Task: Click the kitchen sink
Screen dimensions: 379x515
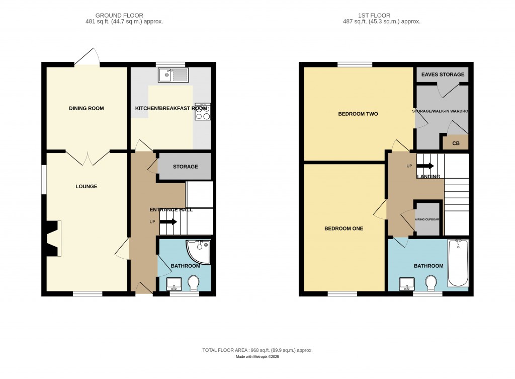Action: pyautogui.click(x=173, y=75)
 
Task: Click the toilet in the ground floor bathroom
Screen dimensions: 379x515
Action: pyautogui.click(x=193, y=283)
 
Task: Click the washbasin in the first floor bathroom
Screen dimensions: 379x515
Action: pyautogui.click(x=406, y=284)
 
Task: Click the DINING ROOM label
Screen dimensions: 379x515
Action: pyautogui.click(x=87, y=108)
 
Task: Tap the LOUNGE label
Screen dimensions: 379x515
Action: pyautogui.click(x=87, y=186)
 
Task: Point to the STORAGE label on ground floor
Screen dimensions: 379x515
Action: pyautogui.click(x=185, y=167)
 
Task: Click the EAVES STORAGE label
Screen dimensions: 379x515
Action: pyautogui.click(x=443, y=74)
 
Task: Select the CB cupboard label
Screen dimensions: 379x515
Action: pyautogui.click(x=456, y=143)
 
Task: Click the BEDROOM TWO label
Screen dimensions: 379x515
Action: pyautogui.click(x=358, y=114)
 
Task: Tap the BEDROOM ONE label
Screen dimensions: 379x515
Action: pyautogui.click(x=344, y=228)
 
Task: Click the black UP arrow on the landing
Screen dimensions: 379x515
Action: pyautogui.click(x=425, y=166)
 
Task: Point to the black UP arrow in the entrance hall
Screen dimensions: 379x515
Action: pyautogui.click(x=168, y=221)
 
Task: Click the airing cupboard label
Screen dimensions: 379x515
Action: pyautogui.click(x=427, y=219)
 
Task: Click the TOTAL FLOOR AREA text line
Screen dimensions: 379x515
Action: pyautogui.click(x=257, y=350)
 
